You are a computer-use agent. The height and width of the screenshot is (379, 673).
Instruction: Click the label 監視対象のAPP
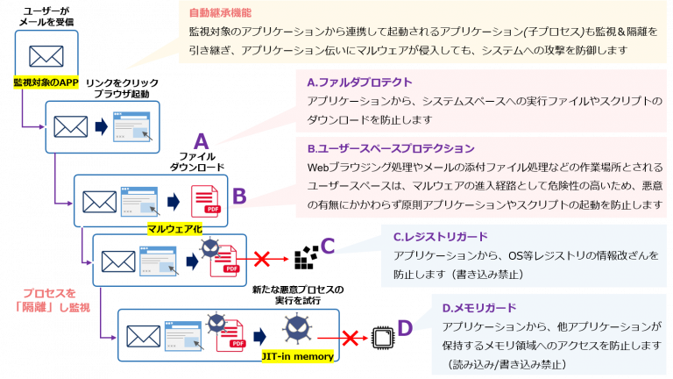(46, 82)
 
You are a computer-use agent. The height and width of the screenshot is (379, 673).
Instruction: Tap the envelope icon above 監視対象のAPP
(46, 55)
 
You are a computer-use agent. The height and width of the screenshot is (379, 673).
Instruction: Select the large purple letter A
(201, 140)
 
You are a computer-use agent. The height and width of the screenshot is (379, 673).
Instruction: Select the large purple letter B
(239, 197)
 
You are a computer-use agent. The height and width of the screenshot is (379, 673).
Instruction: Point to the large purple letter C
(328, 245)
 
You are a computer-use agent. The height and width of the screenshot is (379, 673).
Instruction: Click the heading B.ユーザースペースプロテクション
(391, 147)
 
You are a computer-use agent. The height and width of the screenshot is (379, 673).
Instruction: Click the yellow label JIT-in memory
(297, 356)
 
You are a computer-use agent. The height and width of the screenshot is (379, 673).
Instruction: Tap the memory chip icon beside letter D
(381, 336)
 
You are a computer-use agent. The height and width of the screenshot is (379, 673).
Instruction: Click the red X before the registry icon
(260, 259)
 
